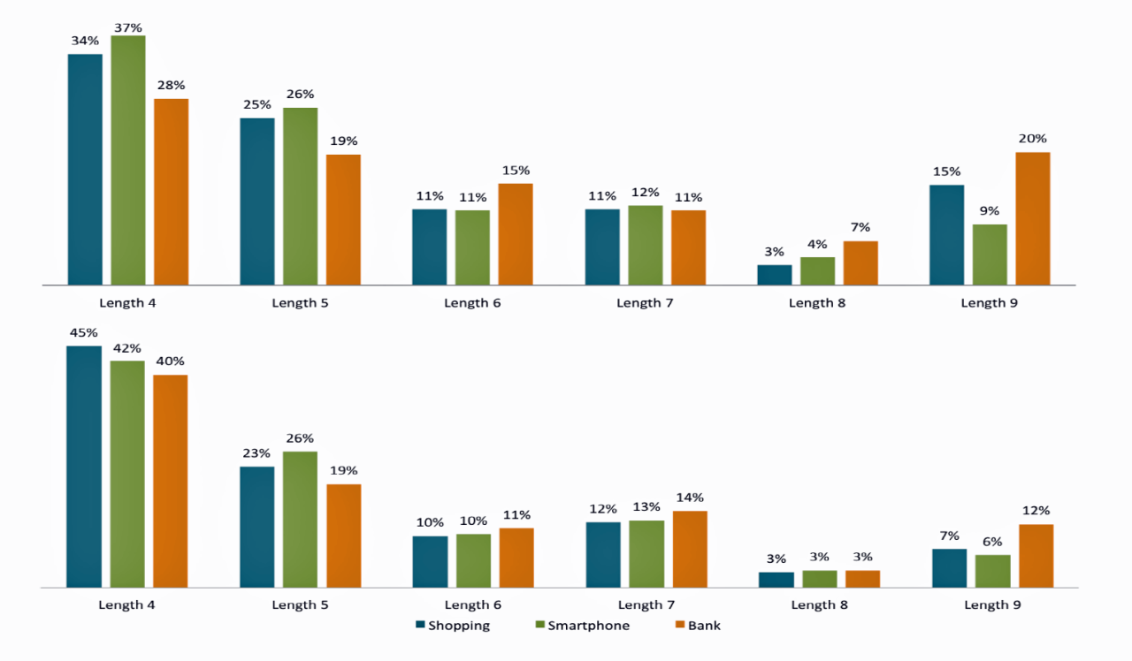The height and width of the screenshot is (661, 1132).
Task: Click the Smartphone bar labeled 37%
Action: (x=128, y=160)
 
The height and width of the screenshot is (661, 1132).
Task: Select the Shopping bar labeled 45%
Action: (x=84, y=467)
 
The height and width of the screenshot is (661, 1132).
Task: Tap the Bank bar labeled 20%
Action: (x=1033, y=218)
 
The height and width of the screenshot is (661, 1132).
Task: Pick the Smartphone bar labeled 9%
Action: (x=990, y=255)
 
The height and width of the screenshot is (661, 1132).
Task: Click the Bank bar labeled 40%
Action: (x=171, y=481)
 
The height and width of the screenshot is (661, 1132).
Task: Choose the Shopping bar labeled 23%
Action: (x=256, y=527)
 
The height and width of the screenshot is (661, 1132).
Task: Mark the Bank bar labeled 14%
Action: (x=690, y=549)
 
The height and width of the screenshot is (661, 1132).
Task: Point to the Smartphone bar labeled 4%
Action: (x=818, y=271)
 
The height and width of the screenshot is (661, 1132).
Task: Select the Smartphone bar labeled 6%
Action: (x=993, y=571)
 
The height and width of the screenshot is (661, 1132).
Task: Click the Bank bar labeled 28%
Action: (x=172, y=192)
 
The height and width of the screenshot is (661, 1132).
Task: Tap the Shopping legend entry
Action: (x=452, y=626)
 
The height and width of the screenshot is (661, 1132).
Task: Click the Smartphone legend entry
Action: (x=583, y=626)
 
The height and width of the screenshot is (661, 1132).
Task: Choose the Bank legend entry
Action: (x=698, y=626)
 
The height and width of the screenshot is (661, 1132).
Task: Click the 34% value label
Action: (x=85, y=41)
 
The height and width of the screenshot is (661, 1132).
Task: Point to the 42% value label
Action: (x=127, y=348)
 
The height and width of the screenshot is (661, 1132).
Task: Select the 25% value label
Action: (x=257, y=105)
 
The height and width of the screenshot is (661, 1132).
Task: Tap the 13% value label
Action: (x=646, y=507)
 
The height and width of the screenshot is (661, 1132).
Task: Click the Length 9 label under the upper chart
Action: (x=990, y=303)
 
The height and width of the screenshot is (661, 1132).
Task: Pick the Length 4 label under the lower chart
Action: (x=127, y=605)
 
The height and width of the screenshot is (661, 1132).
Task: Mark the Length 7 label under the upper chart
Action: (x=645, y=303)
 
